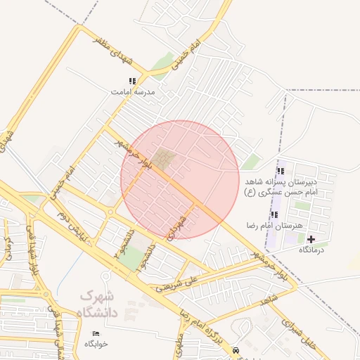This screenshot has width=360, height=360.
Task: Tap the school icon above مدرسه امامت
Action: (x=132, y=82)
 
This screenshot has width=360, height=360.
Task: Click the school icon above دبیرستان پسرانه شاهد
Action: (x=281, y=171)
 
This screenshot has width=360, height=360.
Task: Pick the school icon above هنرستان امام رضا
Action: (x=274, y=214)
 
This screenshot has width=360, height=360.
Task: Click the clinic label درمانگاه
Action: (x=311, y=250)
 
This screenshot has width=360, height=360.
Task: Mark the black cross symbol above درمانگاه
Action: (x=311, y=239)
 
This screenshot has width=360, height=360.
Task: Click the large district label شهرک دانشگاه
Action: (x=99, y=304)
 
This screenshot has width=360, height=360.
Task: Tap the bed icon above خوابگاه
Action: (x=96, y=333)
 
